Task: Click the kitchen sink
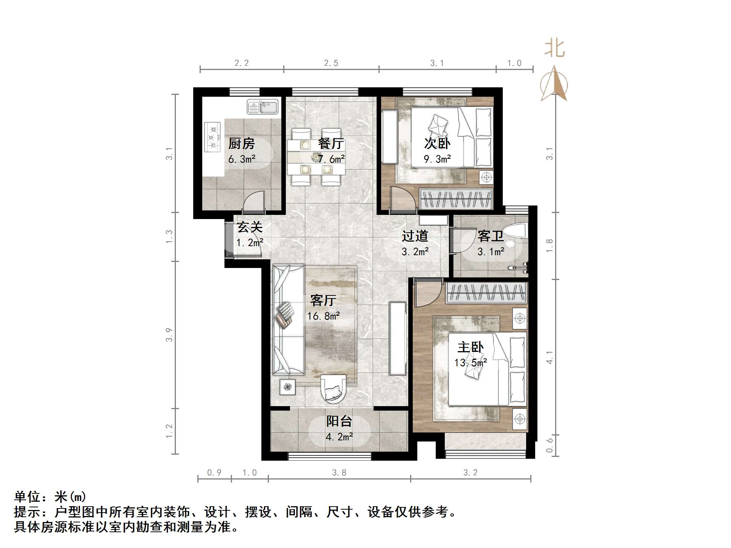point(262,107)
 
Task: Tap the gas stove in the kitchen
point(213,137)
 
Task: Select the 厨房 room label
point(241,143)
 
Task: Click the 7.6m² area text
point(331,159)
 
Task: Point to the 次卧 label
point(437,143)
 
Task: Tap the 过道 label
point(415,236)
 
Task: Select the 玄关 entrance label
point(250,227)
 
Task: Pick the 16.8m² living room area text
point(324,316)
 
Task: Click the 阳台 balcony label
point(339,421)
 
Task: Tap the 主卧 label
point(470,347)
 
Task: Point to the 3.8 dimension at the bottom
point(339,473)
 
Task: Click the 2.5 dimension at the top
point(331,63)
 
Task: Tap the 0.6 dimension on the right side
point(550,444)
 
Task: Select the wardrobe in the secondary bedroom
point(456,199)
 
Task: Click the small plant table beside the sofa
point(288,387)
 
